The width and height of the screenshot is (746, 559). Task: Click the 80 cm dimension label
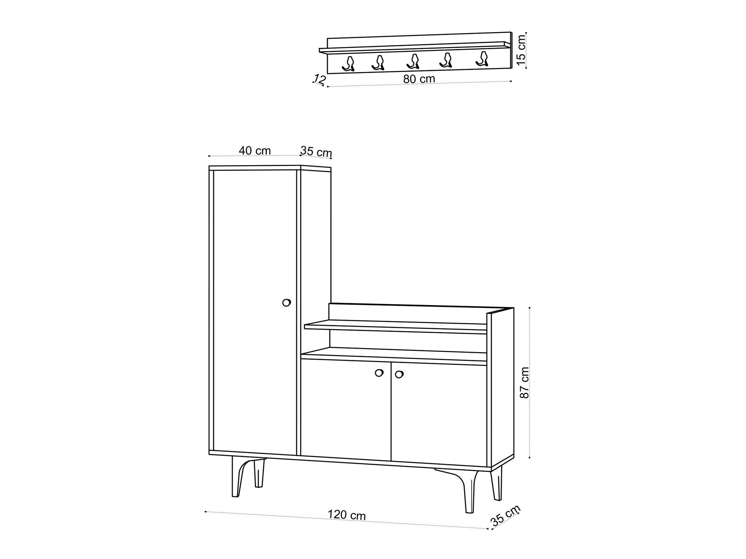point(419,79)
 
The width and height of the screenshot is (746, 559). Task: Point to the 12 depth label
point(320,79)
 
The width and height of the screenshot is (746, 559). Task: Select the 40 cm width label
point(255,151)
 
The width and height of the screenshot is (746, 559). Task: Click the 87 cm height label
point(524,383)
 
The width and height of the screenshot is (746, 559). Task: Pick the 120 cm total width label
point(347,515)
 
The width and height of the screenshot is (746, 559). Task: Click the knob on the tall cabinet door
point(286,302)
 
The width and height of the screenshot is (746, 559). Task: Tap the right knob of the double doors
point(399,374)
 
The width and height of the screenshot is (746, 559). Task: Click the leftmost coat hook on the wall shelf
point(348,64)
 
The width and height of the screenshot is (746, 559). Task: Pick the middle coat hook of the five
point(413,62)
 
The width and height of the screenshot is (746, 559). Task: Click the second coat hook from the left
point(378,63)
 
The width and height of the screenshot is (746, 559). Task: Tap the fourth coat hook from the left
point(446,60)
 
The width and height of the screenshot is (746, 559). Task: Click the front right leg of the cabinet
point(470,492)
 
